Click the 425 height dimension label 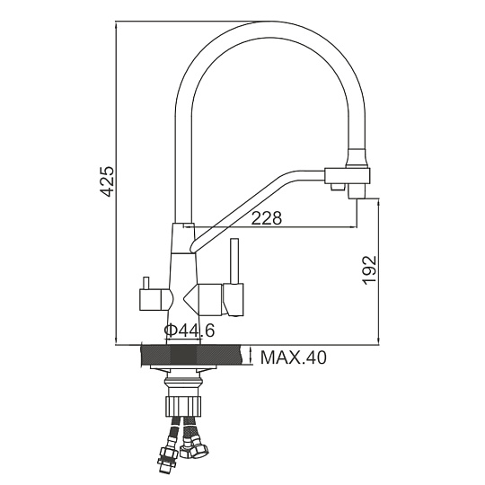pyautogui.click(x=108, y=181)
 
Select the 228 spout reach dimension pyautogui.click(x=267, y=217)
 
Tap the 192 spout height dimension pyautogui.click(x=370, y=269)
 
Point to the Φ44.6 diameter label pyautogui.click(x=189, y=331)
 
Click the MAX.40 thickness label pyautogui.click(x=293, y=357)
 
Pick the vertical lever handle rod pyautogui.click(x=234, y=261)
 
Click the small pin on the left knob pyautogui.click(x=145, y=283)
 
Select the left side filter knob pyautogui.click(x=155, y=299)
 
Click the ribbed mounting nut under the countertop pyautogui.click(x=184, y=406)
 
